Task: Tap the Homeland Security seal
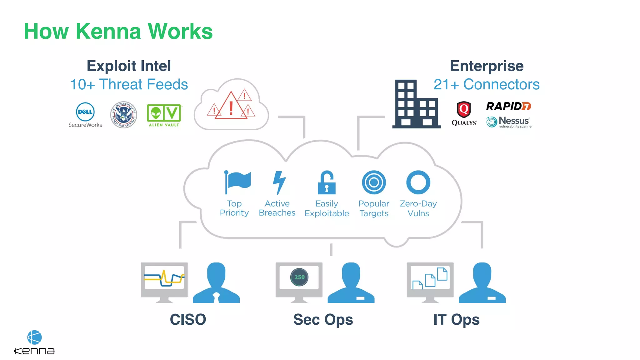pos(124,115)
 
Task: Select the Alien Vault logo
pos(164,115)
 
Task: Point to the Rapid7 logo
pos(508,106)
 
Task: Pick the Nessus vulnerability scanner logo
pos(509,122)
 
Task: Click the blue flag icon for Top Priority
pos(237,182)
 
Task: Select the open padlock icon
pos(327,182)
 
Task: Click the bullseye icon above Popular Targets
pos(374,182)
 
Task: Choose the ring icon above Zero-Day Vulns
pos(418,182)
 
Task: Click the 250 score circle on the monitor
pos(299,277)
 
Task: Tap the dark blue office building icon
pos(416,104)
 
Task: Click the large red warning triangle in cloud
pos(231,107)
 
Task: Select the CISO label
pos(188,319)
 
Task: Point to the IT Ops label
pos(456,319)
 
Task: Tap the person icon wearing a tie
pos(216,283)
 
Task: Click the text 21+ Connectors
pos(487,84)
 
